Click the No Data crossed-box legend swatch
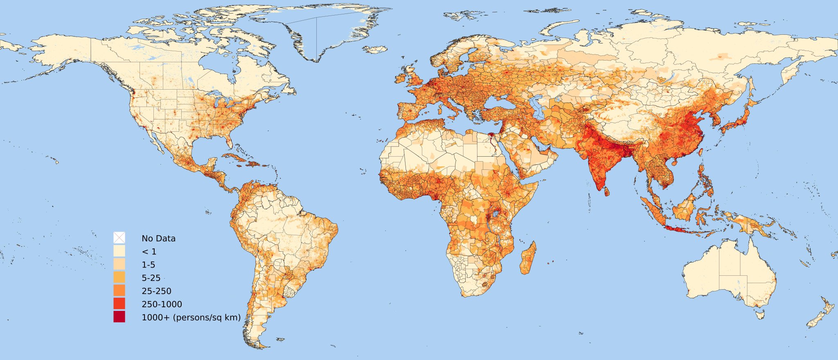point(119,238)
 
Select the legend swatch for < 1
point(119,251)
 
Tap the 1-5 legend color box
point(119,264)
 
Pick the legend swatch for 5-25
point(119,277)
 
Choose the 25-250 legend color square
point(119,290)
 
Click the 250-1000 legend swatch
point(119,304)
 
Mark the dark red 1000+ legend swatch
point(119,317)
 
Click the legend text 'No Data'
point(158,239)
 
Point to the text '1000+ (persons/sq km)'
point(191,317)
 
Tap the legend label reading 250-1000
point(162,304)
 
